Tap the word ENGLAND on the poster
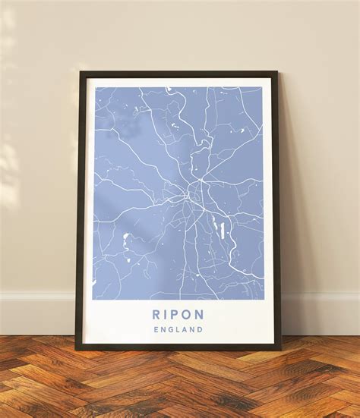click(178, 330)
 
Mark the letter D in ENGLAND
click(201, 330)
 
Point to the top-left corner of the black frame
click(81, 73)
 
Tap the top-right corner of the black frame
click(276, 73)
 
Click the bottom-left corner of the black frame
click(76, 350)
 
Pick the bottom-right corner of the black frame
click(281, 350)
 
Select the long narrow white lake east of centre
click(223, 230)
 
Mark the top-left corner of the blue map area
click(94, 87)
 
